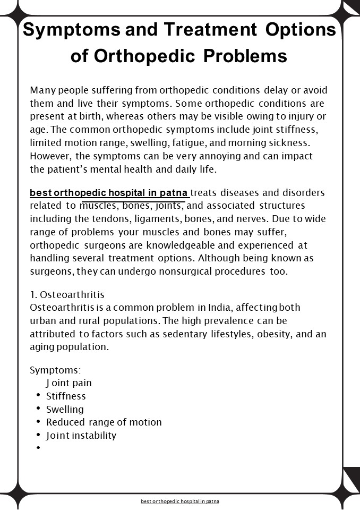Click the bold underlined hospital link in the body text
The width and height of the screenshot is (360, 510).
coord(109,192)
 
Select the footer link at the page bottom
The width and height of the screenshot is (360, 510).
coord(180,501)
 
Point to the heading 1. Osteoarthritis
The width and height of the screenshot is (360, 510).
coord(67,295)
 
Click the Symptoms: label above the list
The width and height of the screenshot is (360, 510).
coord(55,370)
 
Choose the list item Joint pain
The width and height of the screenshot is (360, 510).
coord(69,383)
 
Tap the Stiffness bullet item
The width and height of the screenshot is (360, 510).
coord(66,396)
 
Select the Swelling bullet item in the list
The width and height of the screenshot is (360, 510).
coord(65,410)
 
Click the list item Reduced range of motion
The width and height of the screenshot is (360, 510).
coord(104,422)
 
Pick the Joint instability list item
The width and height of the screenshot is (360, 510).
coord(81,436)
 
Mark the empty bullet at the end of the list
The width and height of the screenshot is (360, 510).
coord(39,448)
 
